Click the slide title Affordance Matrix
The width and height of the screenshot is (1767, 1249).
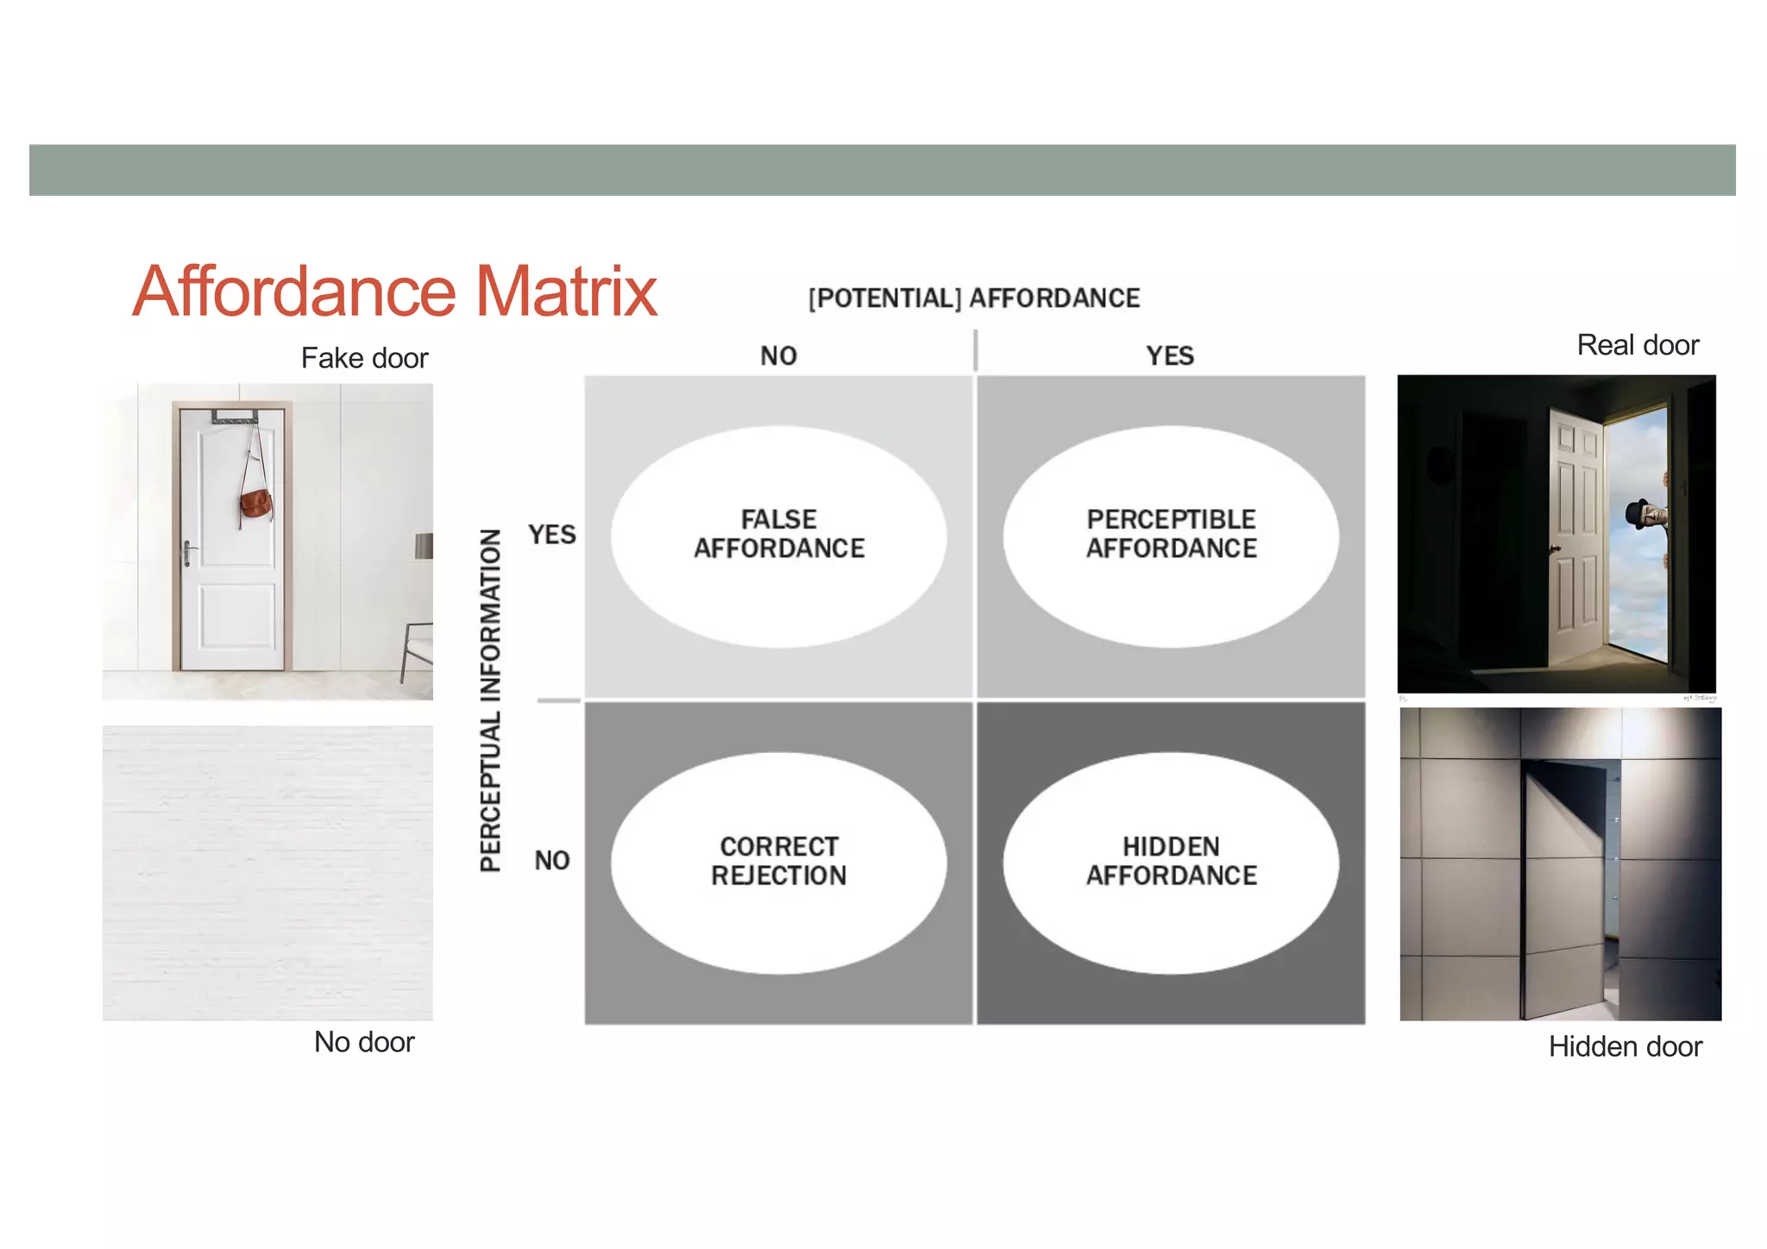click(x=394, y=292)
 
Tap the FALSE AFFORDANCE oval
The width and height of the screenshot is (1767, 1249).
click(x=778, y=535)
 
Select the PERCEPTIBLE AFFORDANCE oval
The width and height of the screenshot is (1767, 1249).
click(x=1171, y=535)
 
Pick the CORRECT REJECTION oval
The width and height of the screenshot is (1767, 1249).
click(x=778, y=862)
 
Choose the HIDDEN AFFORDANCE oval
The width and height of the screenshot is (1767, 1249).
click(x=1171, y=862)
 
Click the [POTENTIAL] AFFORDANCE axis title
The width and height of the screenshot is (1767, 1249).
click(x=974, y=298)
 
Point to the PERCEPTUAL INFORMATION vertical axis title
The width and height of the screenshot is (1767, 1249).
click(x=490, y=700)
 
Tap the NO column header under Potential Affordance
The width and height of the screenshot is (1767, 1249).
click(x=778, y=355)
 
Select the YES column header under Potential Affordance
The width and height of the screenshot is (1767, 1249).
click(x=1170, y=355)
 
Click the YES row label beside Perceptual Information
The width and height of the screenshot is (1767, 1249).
click(x=552, y=535)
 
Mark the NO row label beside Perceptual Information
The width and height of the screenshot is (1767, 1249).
click(x=552, y=860)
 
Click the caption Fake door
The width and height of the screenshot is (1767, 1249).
click(x=364, y=358)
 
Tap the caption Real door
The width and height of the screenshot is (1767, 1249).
click(x=1638, y=345)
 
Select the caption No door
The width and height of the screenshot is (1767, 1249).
click(x=364, y=1042)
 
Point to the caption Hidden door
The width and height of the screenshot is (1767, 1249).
click(x=1626, y=1046)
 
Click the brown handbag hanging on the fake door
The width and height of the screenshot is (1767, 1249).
click(x=256, y=504)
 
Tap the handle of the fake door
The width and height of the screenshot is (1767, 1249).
click(x=188, y=552)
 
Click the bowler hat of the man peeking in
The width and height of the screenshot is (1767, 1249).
click(x=1636, y=512)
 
